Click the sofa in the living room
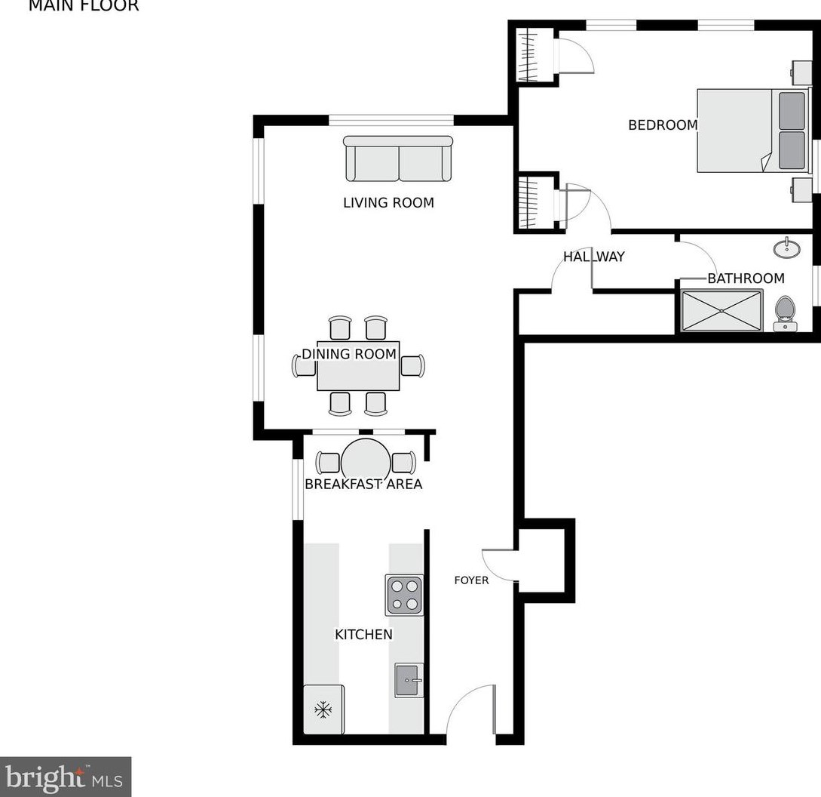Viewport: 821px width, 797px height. click(398, 160)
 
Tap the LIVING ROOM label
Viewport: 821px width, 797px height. click(388, 202)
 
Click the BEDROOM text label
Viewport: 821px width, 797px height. click(663, 125)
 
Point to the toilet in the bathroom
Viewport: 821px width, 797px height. click(786, 312)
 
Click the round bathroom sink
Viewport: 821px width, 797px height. click(787, 247)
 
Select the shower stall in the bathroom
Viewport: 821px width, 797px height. click(721, 310)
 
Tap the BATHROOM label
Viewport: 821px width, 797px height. click(746, 278)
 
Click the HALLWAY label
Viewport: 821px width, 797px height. click(594, 257)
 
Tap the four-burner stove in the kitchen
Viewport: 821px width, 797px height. click(404, 595)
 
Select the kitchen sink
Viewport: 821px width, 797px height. click(409, 680)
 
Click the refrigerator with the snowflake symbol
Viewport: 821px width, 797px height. click(323, 709)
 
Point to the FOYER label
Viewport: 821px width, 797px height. click(471, 580)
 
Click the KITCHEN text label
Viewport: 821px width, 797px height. click(363, 635)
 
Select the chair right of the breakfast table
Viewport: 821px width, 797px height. click(403, 462)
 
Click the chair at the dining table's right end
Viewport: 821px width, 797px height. click(412, 366)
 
